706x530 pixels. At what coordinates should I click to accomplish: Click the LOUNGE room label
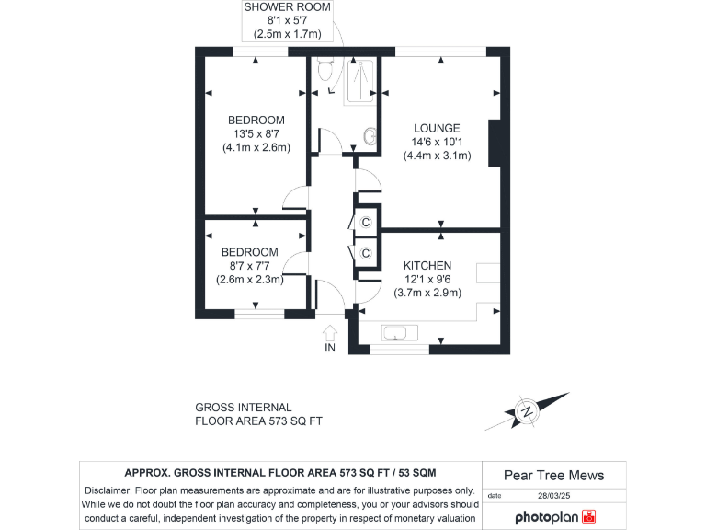[437, 128]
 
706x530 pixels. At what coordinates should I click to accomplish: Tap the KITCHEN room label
[427, 266]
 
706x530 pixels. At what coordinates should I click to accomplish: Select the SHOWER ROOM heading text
[286, 7]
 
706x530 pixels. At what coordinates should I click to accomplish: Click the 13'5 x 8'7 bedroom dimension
[256, 133]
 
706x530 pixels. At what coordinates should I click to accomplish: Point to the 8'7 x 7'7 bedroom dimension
[248, 266]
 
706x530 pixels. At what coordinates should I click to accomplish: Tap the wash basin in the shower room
[370, 136]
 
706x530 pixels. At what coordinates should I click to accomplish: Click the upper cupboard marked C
[365, 222]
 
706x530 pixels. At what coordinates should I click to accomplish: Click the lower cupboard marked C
[365, 253]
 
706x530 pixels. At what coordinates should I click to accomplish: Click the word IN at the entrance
[330, 348]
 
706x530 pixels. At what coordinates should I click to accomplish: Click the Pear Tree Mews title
[554, 475]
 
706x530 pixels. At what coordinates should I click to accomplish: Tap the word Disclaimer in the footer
[111, 490]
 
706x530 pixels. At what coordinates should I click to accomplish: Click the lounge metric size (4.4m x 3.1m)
[437, 156]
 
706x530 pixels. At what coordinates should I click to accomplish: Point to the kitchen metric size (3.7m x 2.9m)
[427, 293]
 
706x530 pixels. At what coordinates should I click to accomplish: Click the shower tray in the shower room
[360, 80]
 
